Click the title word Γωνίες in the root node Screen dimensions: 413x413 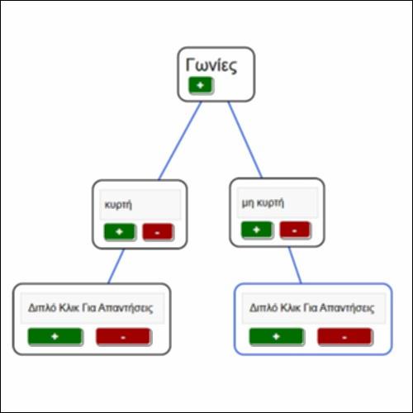(x=211, y=65)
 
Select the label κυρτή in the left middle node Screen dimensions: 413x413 (x=118, y=205)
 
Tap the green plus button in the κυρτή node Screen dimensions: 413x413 (x=120, y=232)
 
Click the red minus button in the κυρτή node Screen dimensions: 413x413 (x=158, y=232)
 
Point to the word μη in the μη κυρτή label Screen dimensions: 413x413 (x=248, y=203)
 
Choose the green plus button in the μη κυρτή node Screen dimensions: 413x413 (x=257, y=230)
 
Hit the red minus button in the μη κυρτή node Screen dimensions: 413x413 (x=295, y=230)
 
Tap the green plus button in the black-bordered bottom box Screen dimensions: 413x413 (x=55, y=336)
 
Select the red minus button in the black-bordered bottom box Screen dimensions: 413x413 (x=123, y=337)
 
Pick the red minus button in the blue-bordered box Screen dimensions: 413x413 (x=344, y=337)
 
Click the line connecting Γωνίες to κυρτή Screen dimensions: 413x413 (x=180, y=140)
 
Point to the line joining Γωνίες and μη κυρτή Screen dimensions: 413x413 (x=245, y=140)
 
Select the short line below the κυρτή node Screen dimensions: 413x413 (x=116, y=266)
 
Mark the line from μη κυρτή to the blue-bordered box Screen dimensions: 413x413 (x=295, y=265)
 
